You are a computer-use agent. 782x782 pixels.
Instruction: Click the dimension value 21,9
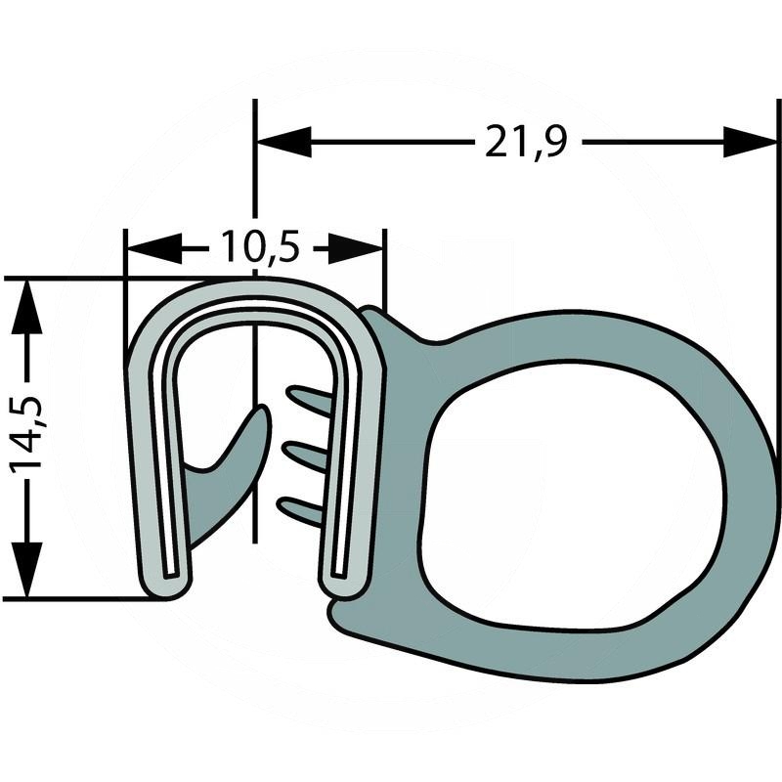525,143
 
